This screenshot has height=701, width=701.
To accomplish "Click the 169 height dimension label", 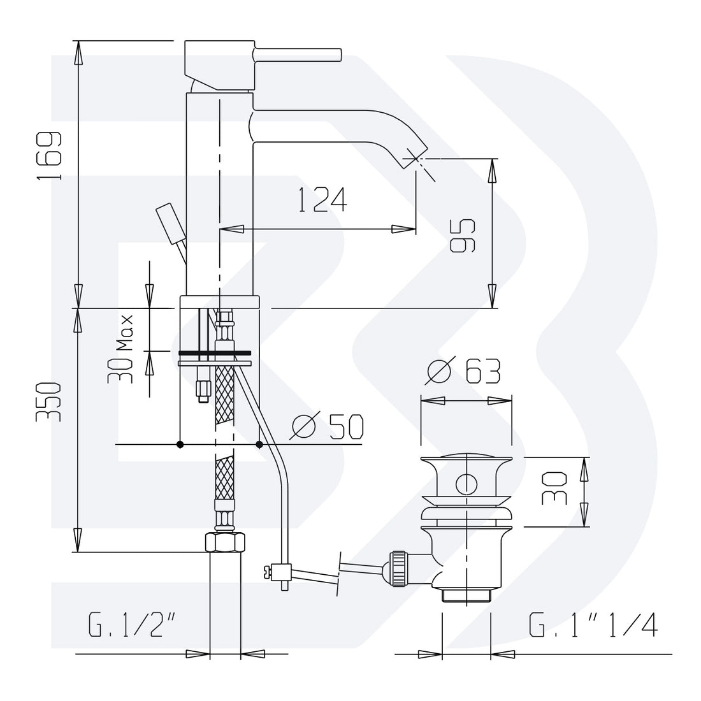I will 49,156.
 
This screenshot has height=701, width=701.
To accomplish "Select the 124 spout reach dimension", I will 322,199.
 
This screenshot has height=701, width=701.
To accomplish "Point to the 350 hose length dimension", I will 48,402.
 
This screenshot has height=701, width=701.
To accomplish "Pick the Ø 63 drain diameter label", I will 463,372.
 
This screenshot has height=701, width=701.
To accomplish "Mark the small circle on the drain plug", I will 466,484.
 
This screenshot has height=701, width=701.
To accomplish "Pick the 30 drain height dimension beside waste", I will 554,489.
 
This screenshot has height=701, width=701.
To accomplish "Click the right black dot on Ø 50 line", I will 259,444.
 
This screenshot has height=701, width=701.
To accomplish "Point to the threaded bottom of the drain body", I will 466,595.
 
